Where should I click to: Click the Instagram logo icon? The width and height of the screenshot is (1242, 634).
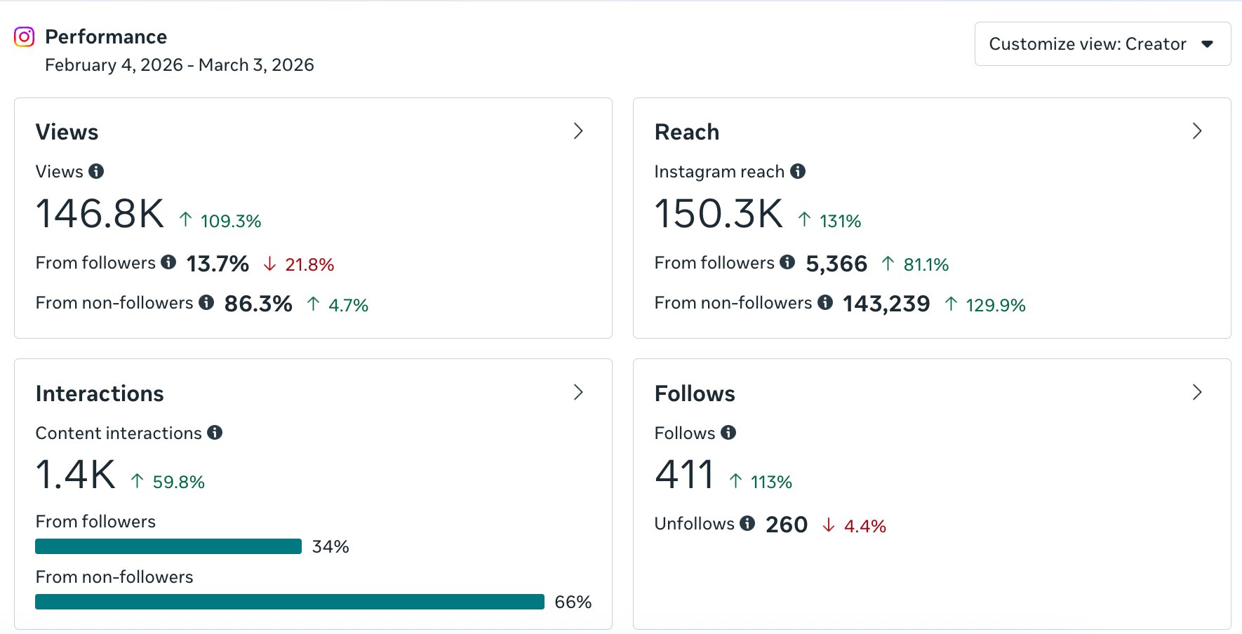click(25, 36)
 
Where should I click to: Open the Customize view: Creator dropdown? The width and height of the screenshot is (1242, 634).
click(1102, 44)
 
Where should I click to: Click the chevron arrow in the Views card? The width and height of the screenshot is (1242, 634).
click(578, 131)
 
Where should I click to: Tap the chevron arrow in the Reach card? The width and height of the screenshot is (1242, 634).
click(1197, 131)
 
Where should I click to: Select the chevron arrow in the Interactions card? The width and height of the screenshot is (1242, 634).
click(578, 392)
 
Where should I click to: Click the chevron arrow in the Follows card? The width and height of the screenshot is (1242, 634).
click(1197, 392)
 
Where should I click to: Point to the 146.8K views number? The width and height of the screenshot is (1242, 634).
click(100, 214)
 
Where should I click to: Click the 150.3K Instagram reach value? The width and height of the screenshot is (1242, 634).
click(719, 214)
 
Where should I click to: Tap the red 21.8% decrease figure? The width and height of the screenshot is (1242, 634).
click(309, 265)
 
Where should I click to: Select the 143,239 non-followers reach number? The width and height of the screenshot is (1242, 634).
click(886, 304)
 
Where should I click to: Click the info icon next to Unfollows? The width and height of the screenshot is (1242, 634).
click(747, 523)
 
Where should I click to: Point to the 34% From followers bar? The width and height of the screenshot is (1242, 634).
click(168, 546)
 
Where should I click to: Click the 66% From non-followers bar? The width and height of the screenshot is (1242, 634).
click(289, 602)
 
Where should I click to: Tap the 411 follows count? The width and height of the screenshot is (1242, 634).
click(684, 475)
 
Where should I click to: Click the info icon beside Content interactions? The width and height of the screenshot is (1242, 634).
click(215, 433)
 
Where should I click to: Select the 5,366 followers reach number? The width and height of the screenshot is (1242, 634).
click(836, 264)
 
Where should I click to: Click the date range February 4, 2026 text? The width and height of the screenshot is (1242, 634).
click(179, 65)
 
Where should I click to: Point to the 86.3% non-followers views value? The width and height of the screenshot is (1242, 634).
click(258, 304)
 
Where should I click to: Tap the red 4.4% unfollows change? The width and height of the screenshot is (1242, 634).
click(864, 526)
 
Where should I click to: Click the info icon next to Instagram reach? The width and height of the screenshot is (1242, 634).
click(798, 171)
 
